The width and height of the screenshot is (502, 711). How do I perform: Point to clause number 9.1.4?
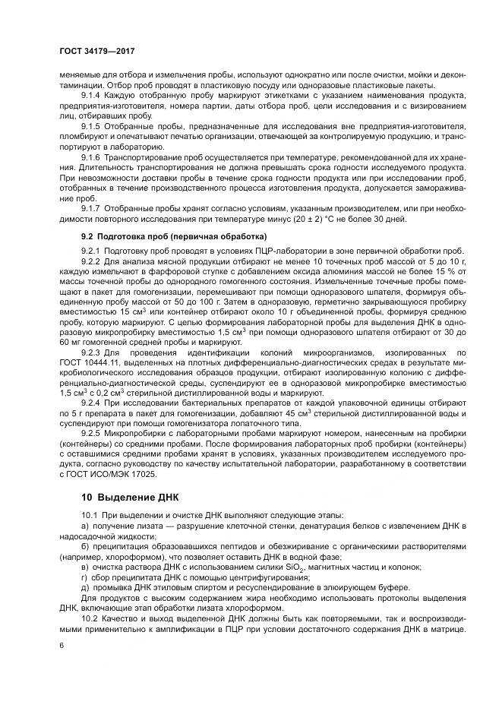91,95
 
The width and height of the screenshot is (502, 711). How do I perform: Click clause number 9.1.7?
91,208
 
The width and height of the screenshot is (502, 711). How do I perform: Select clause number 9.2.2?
91,261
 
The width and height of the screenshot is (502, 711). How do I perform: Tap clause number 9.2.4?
91,402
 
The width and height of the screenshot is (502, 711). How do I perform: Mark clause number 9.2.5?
91,433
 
